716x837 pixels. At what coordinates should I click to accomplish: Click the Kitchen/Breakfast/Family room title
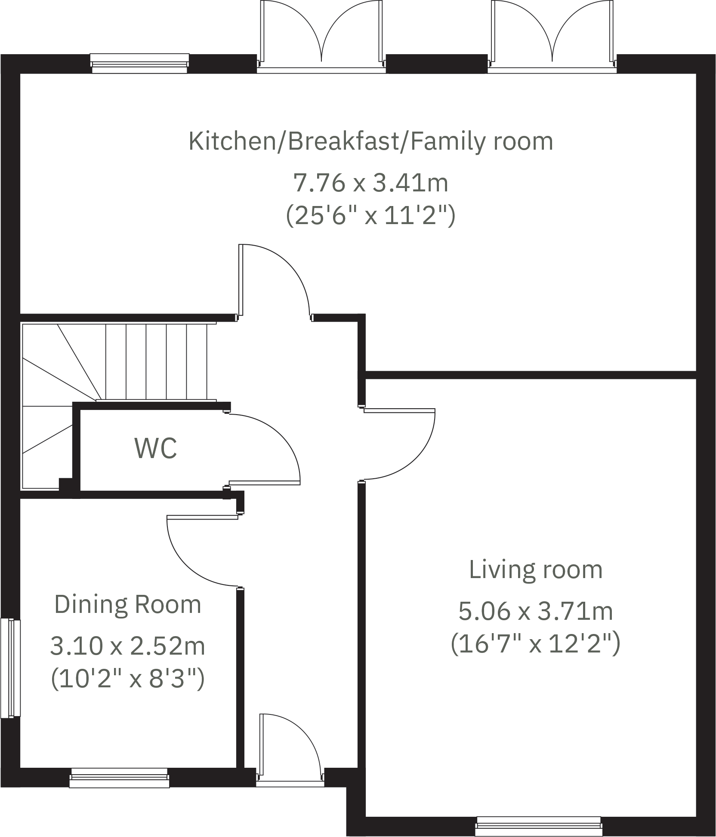coord(371,141)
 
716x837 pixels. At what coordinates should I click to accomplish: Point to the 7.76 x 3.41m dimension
coord(371,182)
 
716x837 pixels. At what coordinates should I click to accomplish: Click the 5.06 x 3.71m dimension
coord(535,611)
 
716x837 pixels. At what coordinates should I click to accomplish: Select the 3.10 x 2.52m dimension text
coord(128,646)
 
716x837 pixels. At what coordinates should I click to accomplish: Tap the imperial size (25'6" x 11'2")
coord(371,216)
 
